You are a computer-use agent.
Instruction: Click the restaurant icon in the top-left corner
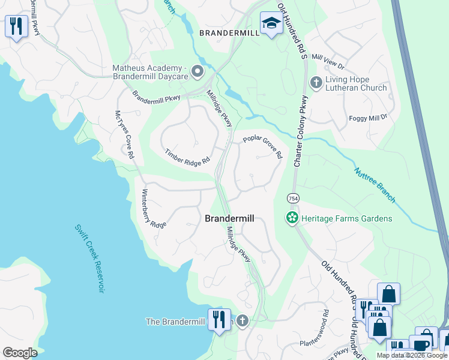(x=16, y=26)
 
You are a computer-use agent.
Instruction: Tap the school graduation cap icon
(x=271, y=23)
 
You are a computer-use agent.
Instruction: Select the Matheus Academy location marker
(x=197, y=73)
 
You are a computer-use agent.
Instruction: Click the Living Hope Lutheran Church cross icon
(x=316, y=82)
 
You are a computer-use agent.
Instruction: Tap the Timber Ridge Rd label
(x=188, y=157)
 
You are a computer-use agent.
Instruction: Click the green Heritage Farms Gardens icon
(x=292, y=218)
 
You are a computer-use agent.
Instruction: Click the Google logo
(x=20, y=353)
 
